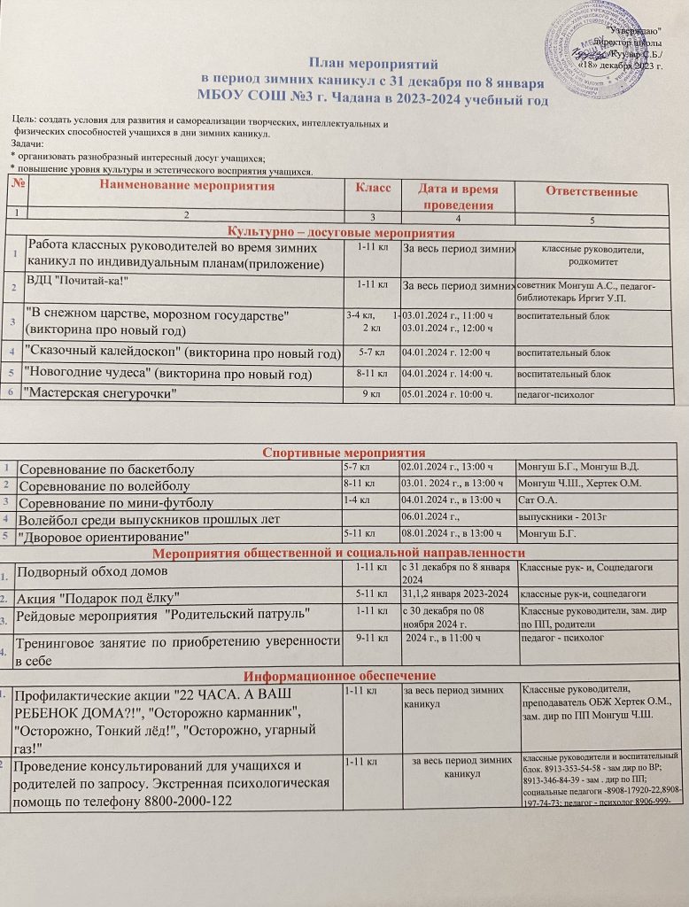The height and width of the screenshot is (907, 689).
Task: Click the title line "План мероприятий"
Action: (x=372, y=62)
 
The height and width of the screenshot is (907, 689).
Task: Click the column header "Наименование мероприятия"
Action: (x=186, y=186)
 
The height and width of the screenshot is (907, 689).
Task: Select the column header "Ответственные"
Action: (x=591, y=192)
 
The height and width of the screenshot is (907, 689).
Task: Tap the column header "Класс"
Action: (x=373, y=188)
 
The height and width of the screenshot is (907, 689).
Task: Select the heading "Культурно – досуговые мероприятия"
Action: (x=341, y=233)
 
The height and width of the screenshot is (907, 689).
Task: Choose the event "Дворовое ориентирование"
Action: (x=105, y=537)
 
